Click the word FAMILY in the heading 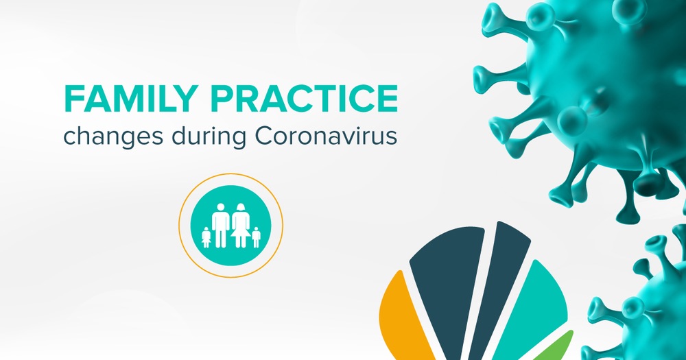coord(129,99)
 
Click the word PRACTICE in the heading coord(304,99)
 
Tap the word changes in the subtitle coord(113,137)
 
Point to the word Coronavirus coord(326,136)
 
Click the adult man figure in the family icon coord(220,225)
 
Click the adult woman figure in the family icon coord(241,225)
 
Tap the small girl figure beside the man coord(206,237)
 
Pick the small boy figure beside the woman coord(256,237)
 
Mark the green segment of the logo coord(558,348)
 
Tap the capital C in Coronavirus coord(265,136)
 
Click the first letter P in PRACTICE coord(222,99)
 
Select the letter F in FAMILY coord(74,99)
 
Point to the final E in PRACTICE coord(388,99)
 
